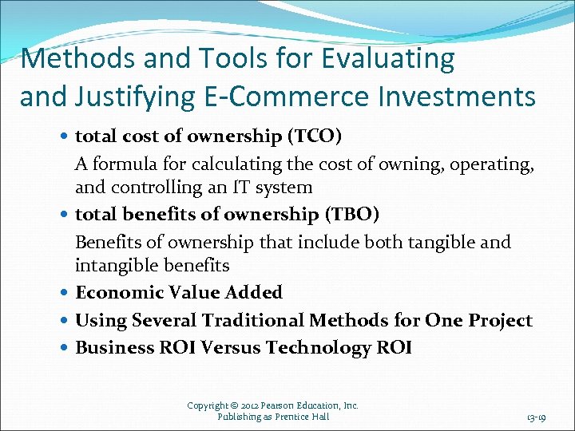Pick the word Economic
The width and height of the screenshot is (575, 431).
coord(118,292)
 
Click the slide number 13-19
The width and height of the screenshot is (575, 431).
coord(536,417)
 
